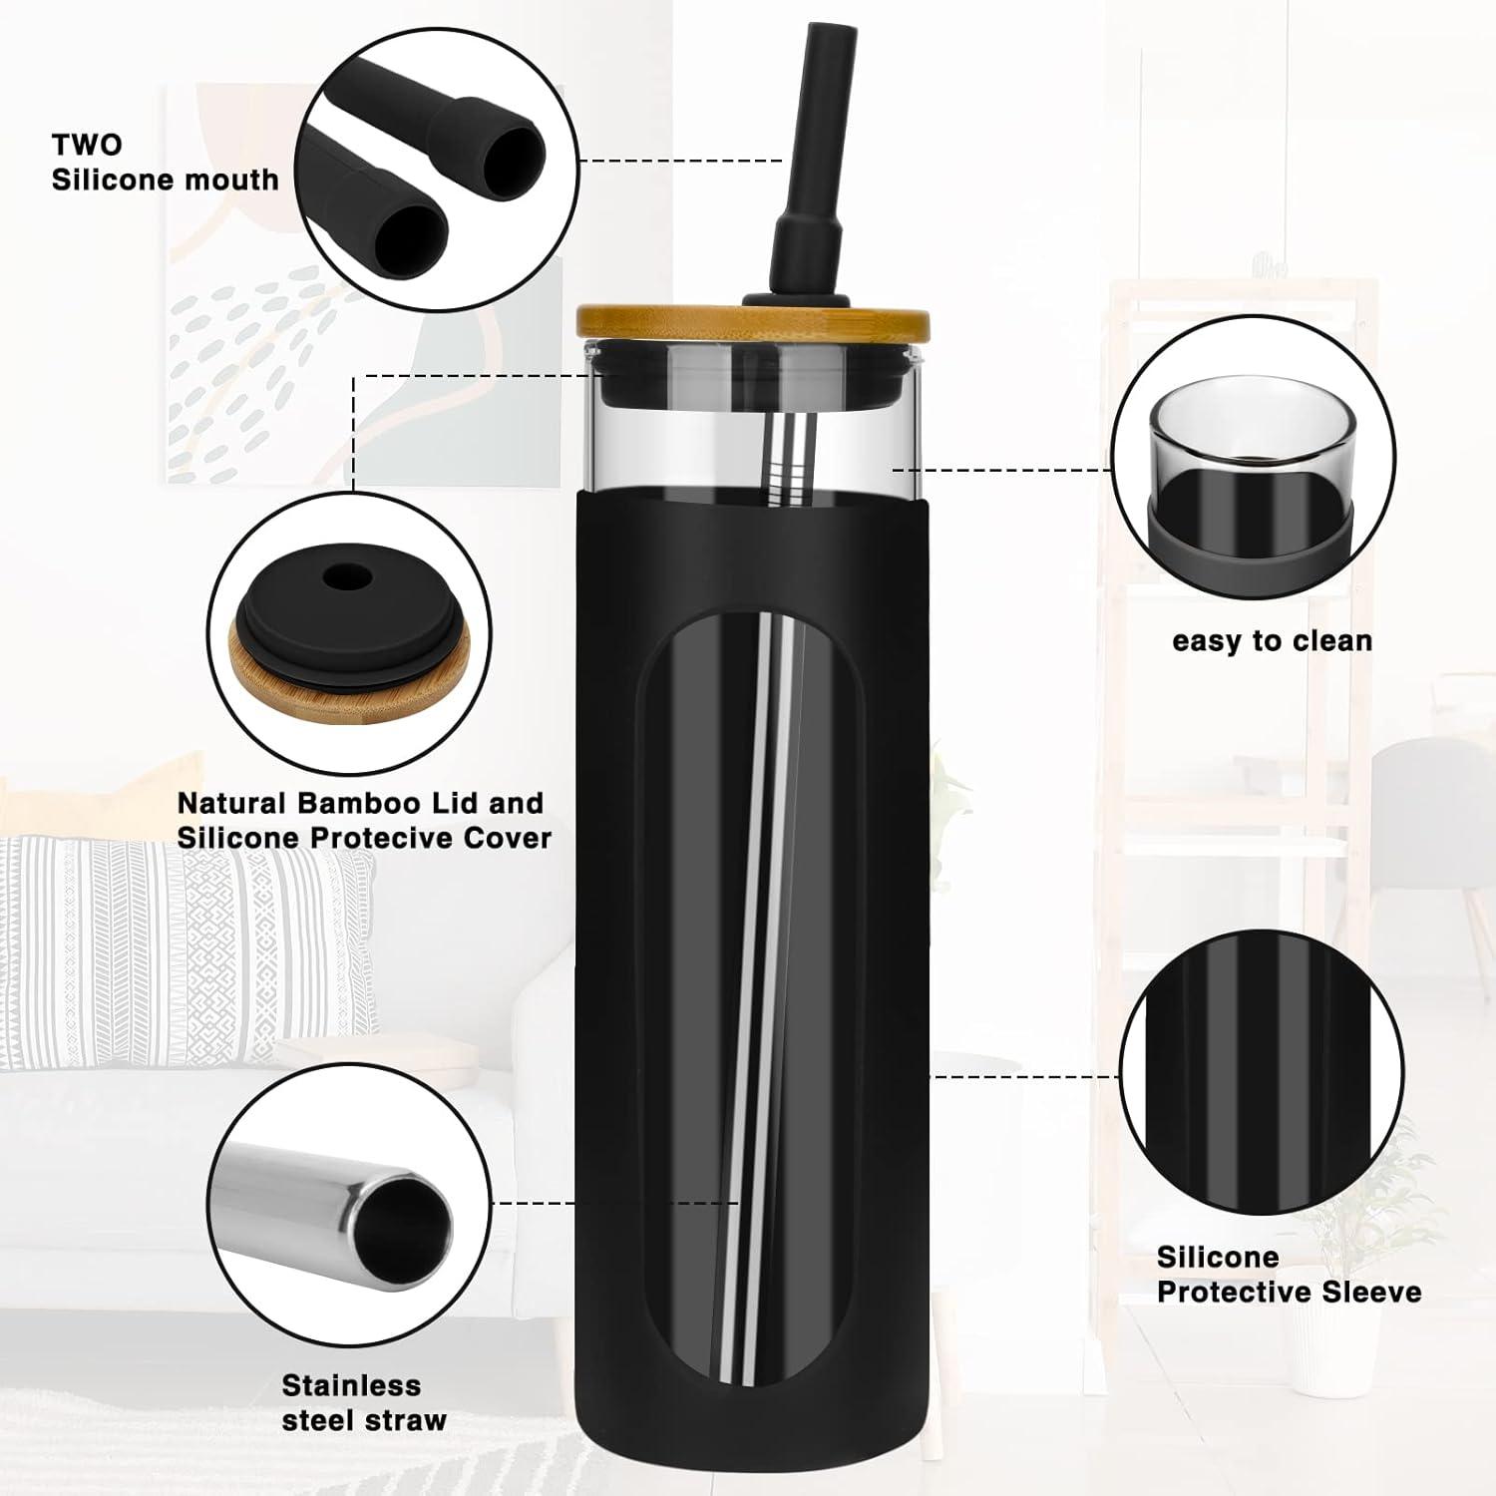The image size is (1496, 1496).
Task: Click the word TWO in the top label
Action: point(87,145)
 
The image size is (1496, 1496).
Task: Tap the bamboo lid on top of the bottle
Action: point(754,320)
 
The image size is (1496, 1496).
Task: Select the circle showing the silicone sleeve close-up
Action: point(1262,1072)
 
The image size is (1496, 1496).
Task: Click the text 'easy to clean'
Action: point(1273,640)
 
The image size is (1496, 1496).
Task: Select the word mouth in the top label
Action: point(232,180)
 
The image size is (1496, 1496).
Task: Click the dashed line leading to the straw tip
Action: point(681,161)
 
